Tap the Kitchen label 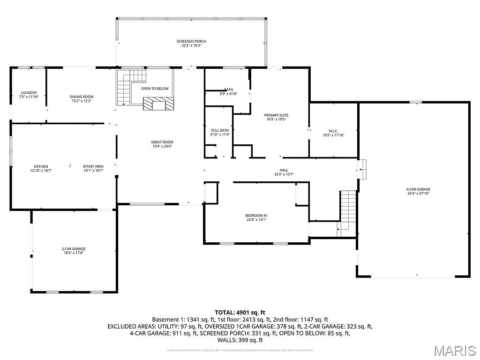pos(41,166)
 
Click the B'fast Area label pos(93,166)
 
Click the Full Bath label pos(220,130)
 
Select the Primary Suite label pos(276,115)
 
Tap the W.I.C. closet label pos(333,130)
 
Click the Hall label pos(284,170)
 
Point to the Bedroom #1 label pos(256,216)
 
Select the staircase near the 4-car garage pos(347,209)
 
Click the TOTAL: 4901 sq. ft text pos(240,312)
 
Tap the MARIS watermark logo pos(455,350)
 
